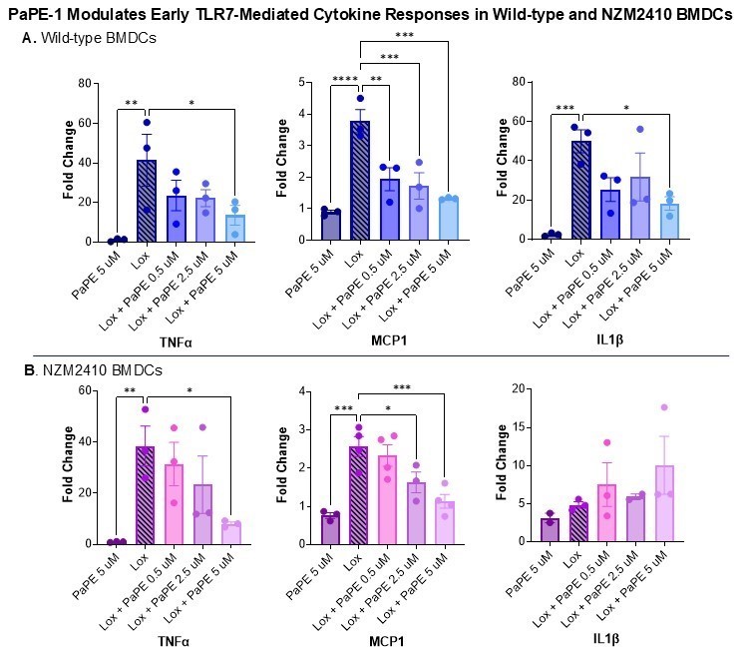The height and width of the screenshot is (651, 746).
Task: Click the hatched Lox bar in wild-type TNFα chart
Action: (x=147, y=201)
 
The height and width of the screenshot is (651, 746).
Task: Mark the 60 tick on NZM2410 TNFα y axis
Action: (x=90, y=390)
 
